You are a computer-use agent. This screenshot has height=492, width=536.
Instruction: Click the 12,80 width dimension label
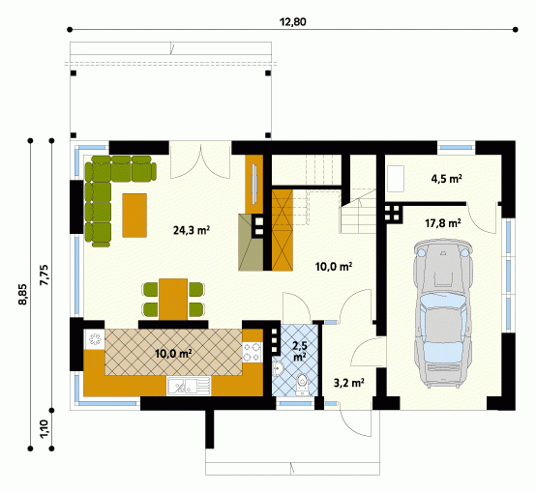[292, 22]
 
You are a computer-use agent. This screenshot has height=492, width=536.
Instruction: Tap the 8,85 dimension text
[24, 294]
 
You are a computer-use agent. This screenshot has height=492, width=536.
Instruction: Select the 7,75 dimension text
[45, 275]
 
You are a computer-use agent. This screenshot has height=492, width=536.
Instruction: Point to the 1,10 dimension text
[45, 429]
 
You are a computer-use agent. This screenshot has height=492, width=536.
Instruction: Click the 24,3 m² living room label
[192, 230]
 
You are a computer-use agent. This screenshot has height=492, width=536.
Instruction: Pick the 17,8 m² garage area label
[443, 223]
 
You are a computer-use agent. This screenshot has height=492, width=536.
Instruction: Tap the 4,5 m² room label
[447, 179]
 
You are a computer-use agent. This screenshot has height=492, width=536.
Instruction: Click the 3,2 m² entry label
[348, 383]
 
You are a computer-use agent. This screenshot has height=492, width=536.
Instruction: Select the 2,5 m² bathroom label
[300, 351]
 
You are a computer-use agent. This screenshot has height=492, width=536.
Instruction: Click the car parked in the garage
[442, 313]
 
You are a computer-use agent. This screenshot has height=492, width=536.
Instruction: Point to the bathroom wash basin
[279, 368]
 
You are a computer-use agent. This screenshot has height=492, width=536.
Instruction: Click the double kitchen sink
[189, 386]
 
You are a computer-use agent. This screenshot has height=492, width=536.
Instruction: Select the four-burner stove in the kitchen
[253, 353]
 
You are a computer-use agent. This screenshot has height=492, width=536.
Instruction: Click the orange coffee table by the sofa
[134, 216]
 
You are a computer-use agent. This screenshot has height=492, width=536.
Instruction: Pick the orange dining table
[173, 299]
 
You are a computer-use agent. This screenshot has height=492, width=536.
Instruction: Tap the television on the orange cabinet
[254, 184]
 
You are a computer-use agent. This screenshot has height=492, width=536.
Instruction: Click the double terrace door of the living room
[200, 159]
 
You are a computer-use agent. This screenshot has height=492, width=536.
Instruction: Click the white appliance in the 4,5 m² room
[396, 179]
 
